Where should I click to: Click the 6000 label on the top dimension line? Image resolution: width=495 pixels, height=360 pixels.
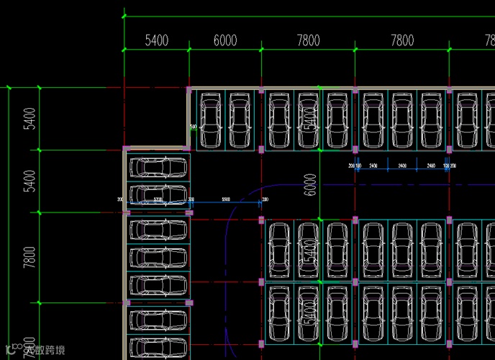click(225, 41)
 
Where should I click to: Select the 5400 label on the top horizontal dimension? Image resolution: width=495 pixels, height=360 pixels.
click(156, 41)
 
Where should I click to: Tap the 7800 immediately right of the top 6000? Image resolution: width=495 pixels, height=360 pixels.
click(308, 41)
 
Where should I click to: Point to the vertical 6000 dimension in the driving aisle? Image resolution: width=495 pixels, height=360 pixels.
click(310, 184)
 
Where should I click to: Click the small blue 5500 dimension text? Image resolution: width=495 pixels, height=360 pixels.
click(225, 199)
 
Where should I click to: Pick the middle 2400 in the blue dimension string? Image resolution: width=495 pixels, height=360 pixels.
click(402, 166)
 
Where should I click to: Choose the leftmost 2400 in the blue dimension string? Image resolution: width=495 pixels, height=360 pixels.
click(373, 166)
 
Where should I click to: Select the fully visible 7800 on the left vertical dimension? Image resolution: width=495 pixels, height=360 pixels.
click(29, 257)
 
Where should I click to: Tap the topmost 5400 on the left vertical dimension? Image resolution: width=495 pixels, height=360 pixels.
click(29, 118)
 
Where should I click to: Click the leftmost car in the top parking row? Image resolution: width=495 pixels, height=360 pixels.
click(211, 120)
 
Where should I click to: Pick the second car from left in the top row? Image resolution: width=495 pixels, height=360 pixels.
click(241, 120)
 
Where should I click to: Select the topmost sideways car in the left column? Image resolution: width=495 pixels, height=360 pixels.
click(158, 167)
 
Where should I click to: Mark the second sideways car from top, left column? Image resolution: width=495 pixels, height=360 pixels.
click(158, 195)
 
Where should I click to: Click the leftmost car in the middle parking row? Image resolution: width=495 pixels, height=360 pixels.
click(278, 250)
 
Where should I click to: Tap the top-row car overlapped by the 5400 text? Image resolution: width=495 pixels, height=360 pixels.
click(308, 120)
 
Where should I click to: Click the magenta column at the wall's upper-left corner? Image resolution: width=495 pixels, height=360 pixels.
click(189, 91)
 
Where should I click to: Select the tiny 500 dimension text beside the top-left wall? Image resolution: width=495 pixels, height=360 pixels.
click(193, 127)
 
